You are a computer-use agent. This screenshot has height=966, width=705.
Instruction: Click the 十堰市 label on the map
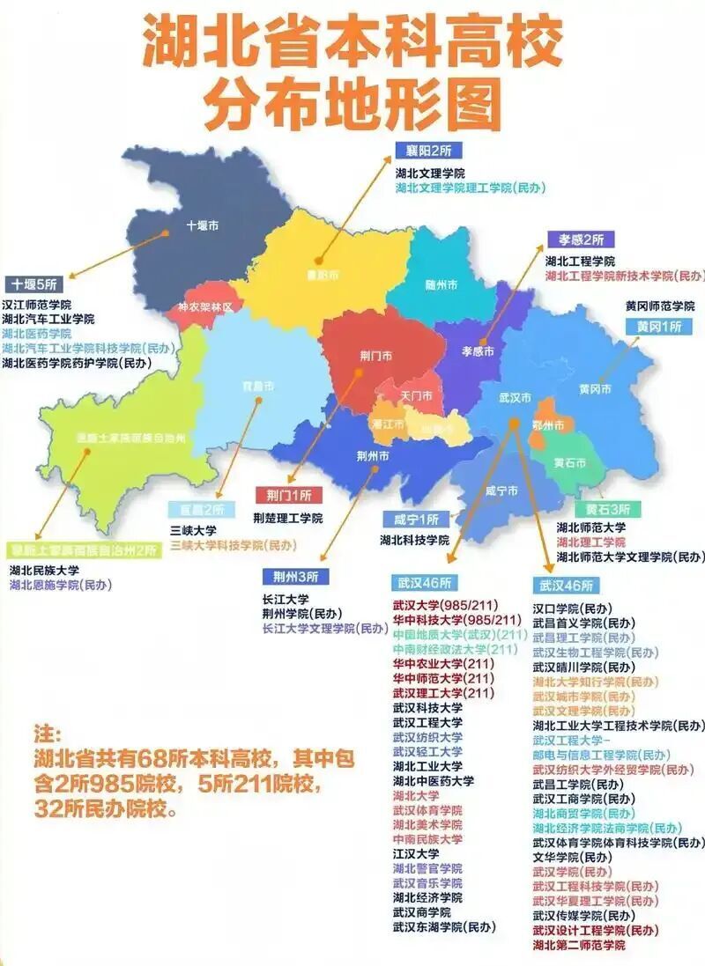coord(202,225)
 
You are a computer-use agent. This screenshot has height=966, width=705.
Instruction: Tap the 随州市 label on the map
coord(441,284)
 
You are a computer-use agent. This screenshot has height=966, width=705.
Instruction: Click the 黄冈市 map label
coord(595,388)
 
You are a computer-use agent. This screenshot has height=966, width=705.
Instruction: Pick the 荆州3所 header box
coord(295,577)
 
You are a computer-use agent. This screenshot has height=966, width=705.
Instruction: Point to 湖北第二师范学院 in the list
coord(579,945)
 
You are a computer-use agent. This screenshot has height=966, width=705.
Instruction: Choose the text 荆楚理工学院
coord(287,518)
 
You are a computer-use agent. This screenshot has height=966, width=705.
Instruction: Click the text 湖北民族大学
coord(44,571)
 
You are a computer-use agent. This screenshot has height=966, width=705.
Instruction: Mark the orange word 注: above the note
coord(46,734)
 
